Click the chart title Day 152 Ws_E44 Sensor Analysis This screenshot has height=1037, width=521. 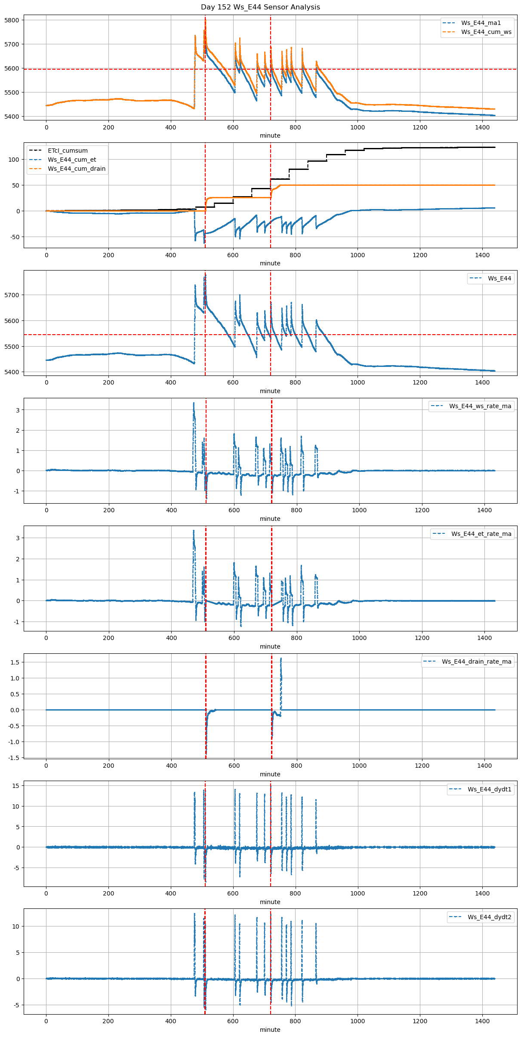[x=260, y=7]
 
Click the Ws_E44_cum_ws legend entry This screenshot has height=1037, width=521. [x=486, y=32]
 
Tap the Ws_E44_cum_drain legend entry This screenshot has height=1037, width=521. [x=77, y=169]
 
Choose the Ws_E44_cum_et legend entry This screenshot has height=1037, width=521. [x=72, y=160]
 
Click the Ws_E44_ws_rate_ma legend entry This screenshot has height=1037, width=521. [x=480, y=406]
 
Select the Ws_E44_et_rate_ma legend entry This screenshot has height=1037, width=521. [x=481, y=534]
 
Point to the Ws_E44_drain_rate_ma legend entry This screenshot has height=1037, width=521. [x=476, y=662]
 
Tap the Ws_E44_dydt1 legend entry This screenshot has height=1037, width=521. [x=490, y=789]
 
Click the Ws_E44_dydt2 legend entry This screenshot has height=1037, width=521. [x=490, y=917]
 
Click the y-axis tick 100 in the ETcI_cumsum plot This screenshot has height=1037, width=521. [x=14, y=160]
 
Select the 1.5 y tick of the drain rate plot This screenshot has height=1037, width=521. [x=15, y=662]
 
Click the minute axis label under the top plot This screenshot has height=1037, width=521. [x=270, y=135]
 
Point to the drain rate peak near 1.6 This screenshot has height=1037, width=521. [x=281, y=659]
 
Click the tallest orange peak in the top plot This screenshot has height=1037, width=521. [x=205, y=19]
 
